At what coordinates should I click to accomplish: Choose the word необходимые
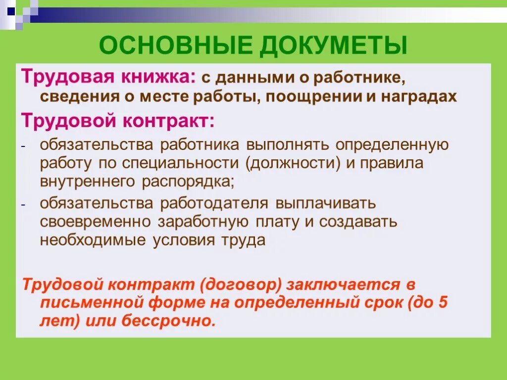pyautogui.click(x=93, y=240)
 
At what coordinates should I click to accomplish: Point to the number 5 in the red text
pyautogui.click(x=442, y=303)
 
